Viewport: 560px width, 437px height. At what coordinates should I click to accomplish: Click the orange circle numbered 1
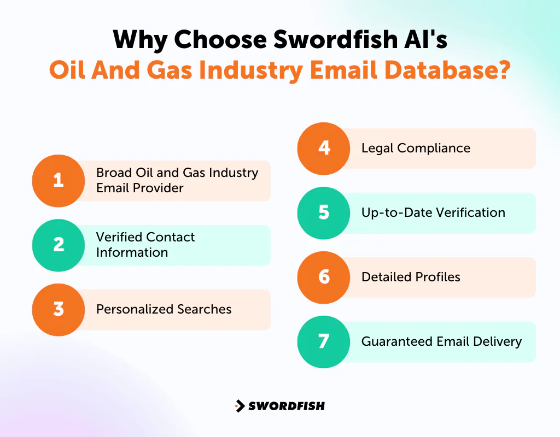coord(59,181)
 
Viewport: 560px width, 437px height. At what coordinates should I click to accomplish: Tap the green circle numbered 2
coord(59,245)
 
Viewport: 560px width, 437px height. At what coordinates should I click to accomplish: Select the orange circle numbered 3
coord(59,310)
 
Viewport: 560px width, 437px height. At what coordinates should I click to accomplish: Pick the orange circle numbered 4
coord(324,149)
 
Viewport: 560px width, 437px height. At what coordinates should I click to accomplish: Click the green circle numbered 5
coord(324,213)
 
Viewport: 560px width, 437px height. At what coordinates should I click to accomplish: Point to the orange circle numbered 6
coord(324,277)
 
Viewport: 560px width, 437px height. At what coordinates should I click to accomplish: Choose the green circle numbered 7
coord(324,342)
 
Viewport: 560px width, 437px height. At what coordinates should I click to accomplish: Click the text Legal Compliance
coord(416,148)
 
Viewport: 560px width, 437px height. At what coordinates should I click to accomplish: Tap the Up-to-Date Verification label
coord(433,212)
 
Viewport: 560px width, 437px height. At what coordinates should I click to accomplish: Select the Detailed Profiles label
coord(411,277)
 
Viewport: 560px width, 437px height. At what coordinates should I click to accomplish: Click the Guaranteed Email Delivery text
coord(441,341)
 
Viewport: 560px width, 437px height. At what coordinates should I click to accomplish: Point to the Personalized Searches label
coord(164,309)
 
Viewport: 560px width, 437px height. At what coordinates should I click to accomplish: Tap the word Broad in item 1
coord(113,173)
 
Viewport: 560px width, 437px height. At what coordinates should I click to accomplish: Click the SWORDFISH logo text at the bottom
coord(287,406)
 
